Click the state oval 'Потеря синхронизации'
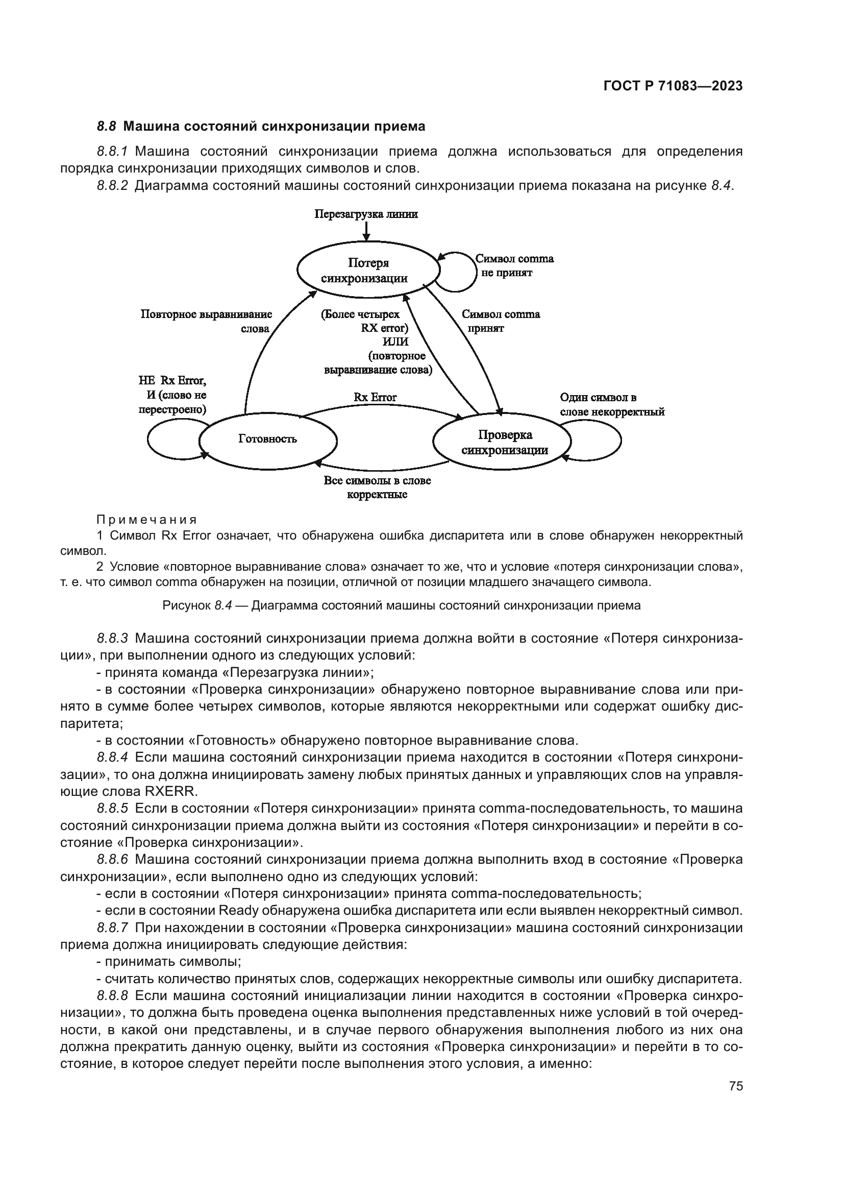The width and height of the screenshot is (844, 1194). click(x=368, y=270)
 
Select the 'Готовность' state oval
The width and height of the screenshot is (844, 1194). click(x=268, y=439)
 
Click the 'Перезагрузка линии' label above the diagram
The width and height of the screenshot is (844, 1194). click(x=366, y=214)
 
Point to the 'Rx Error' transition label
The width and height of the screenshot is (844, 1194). click(x=375, y=397)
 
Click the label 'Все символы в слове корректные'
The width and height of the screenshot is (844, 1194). click(x=377, y=488)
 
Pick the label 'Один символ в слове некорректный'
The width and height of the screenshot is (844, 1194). click(x=612, y=405)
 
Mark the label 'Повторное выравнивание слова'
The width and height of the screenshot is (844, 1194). click(x=207, y=322)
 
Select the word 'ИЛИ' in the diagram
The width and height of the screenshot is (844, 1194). click(x=395, y=342)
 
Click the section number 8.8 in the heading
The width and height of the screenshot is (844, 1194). click(x=107, y=127)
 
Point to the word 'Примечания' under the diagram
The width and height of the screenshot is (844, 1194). click(x=146, y=520)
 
